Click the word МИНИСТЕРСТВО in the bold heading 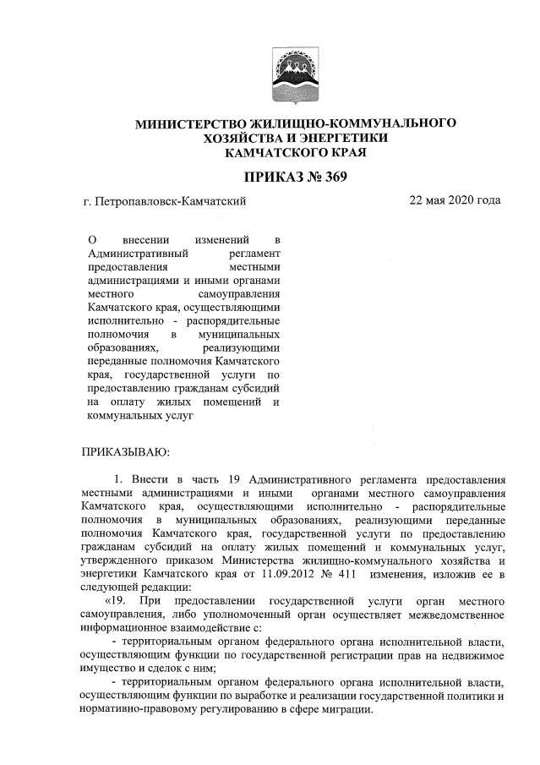(x=187, y=123)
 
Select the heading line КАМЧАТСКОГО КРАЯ (x=296, y=153)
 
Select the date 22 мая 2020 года (x=454, y=200)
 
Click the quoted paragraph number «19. (x=117, y=601)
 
